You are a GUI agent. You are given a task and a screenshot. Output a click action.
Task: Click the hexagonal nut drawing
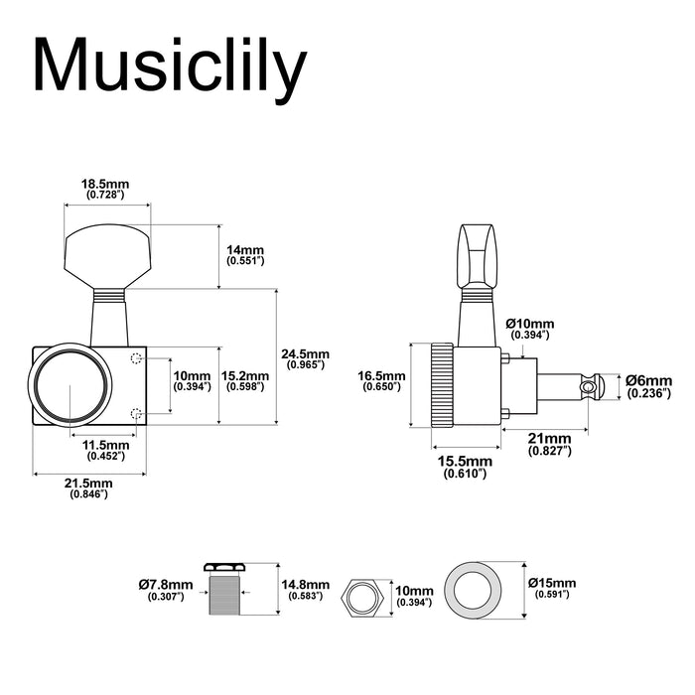click(x=362, y=599)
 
